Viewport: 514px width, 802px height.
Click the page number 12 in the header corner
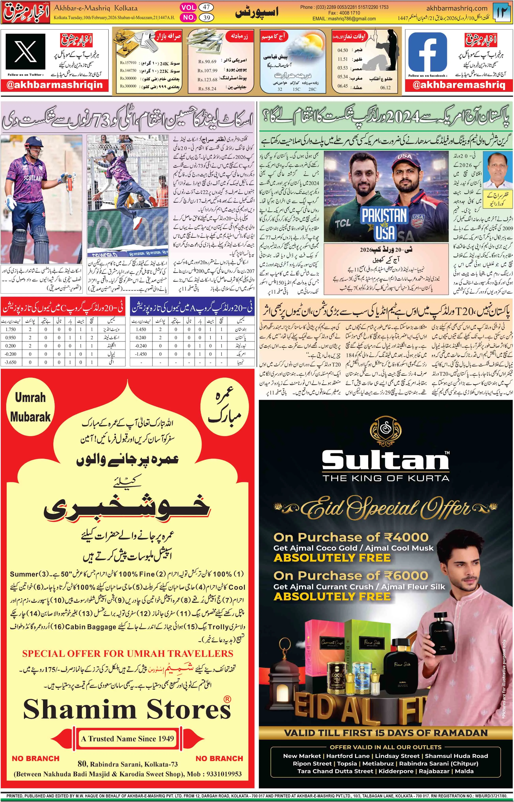(x=503, y=13)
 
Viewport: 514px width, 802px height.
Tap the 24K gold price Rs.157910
(x=128, y=63)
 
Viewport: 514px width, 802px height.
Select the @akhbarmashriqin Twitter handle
(x=55, y=85)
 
